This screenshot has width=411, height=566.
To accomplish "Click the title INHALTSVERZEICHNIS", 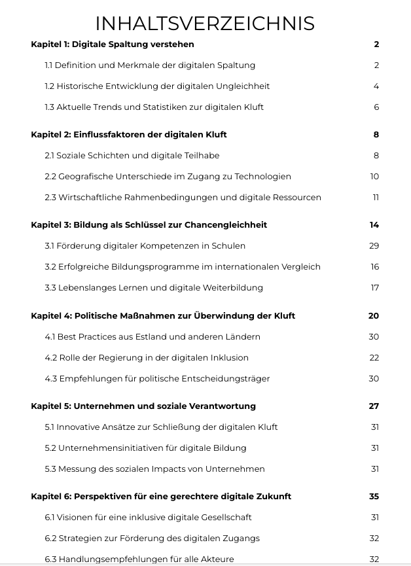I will tap(205, 24).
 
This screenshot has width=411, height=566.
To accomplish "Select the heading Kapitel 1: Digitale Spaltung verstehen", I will tap(112, 44).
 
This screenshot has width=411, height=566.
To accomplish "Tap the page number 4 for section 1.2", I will tap(376, 86).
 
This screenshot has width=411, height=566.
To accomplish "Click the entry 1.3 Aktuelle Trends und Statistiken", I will tap(154, 107).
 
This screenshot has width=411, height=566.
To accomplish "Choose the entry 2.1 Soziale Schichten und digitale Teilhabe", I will tap(132, 156).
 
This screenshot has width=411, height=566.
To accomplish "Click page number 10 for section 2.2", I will tap(374, 177).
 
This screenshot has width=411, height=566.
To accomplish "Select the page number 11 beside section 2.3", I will tap(376, 198).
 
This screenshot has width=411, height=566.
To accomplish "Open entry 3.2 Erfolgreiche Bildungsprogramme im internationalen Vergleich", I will tap(183, 267).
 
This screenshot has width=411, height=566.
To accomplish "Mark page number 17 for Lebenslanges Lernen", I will tap(374, 288).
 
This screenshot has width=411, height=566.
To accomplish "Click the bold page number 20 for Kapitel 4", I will tap(374, 316).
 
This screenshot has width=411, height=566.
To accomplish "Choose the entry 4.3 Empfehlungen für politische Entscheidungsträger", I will tap(157, 379).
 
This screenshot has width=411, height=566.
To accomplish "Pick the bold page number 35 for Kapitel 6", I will tap(374, 497).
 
